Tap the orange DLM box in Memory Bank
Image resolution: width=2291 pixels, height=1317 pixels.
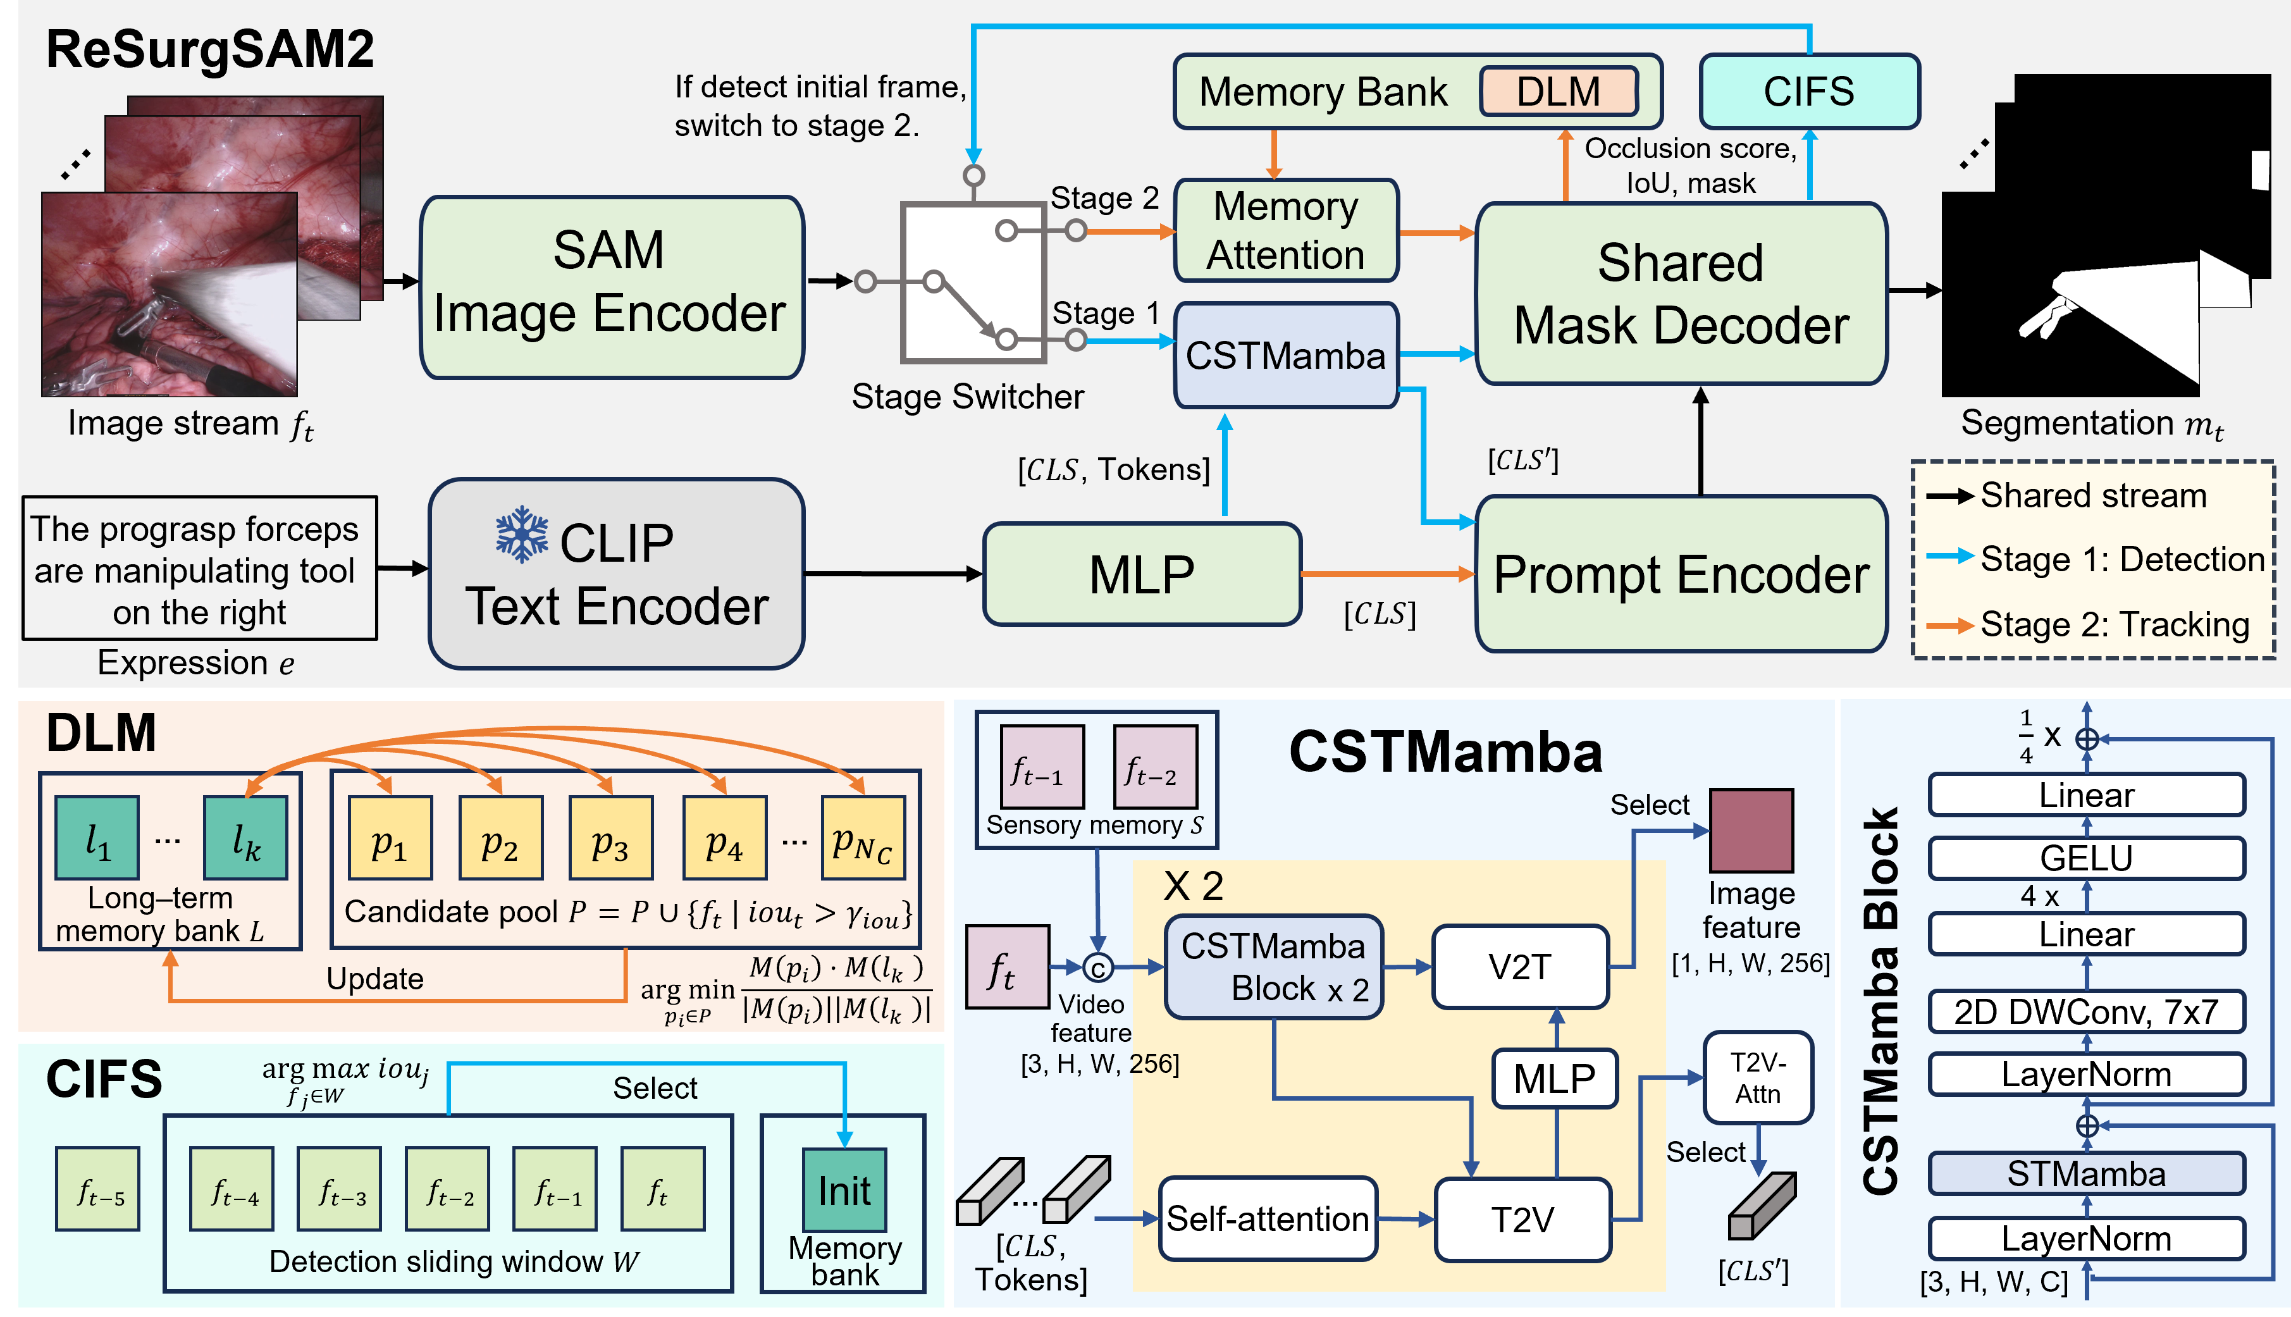1559,91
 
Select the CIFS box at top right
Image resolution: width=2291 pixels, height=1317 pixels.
1809,91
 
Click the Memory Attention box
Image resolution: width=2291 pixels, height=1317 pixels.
1285,231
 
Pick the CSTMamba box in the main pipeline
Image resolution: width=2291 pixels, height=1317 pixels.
1285,356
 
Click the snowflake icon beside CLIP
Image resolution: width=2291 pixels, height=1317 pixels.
522,535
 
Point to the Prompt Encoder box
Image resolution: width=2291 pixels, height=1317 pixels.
1681,574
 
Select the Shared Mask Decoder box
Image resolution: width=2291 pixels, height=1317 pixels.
1681,294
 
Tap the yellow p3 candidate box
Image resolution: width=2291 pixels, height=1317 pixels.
610,838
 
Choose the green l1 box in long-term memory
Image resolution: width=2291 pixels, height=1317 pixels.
97,838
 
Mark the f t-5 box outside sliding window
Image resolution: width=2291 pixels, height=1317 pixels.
97,1189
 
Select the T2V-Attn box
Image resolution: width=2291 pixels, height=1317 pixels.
1757,1078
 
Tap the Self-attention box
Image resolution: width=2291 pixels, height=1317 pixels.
1267,1220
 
